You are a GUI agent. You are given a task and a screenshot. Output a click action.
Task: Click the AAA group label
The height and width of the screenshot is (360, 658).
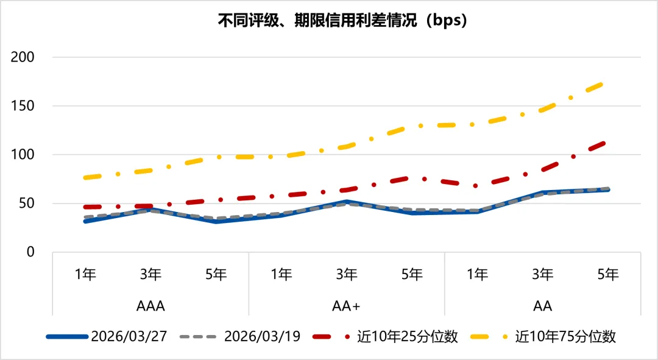tap(150, 305)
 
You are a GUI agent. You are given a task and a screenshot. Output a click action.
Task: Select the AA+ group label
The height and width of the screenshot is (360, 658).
tap(347, 305)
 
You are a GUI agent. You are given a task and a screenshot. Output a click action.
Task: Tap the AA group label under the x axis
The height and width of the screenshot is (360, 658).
tap(543, 305)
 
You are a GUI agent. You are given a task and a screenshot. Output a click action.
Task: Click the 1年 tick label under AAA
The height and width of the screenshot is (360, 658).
tap(85, 275)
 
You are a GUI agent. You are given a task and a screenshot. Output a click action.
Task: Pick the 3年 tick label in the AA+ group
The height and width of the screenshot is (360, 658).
tap(347, 275)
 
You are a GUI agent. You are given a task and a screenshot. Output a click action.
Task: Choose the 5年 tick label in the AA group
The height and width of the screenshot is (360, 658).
tap(608, 275)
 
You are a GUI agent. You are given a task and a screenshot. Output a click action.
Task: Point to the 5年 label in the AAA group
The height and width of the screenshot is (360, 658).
tap(216, 275)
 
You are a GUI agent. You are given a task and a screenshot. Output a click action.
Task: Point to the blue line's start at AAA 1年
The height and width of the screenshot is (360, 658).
tap(85, 221)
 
